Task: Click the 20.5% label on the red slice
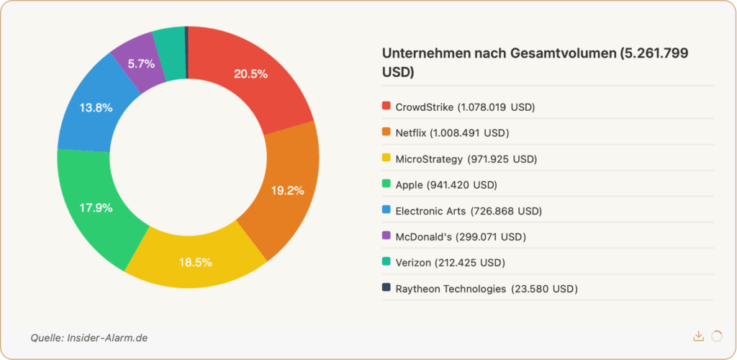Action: click(x=250, y=73)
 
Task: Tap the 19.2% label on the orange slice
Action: click(x=287, y=191)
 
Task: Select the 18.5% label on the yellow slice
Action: click(x=195, y=262)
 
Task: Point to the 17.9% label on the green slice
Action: click(x=95, y=208)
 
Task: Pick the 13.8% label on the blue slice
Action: click(x=95, y=107)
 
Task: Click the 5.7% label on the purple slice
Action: click(x=141, y=63)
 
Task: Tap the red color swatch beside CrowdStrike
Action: click(x=386, y=107)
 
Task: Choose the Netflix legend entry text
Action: click(x=452, y=132)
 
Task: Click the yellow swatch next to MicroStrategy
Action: click(x=386, y=158)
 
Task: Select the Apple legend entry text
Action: click(x=446, y=184)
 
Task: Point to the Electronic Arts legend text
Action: click(x=469, y=210)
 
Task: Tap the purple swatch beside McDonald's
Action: click(x=386, y=236)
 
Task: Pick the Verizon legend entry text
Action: click(x=450, y=262)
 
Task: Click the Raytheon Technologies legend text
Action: click(x=487, y=288)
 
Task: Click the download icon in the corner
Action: click(x=698, y=336)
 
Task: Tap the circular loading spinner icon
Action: click(x=716, y=336)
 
